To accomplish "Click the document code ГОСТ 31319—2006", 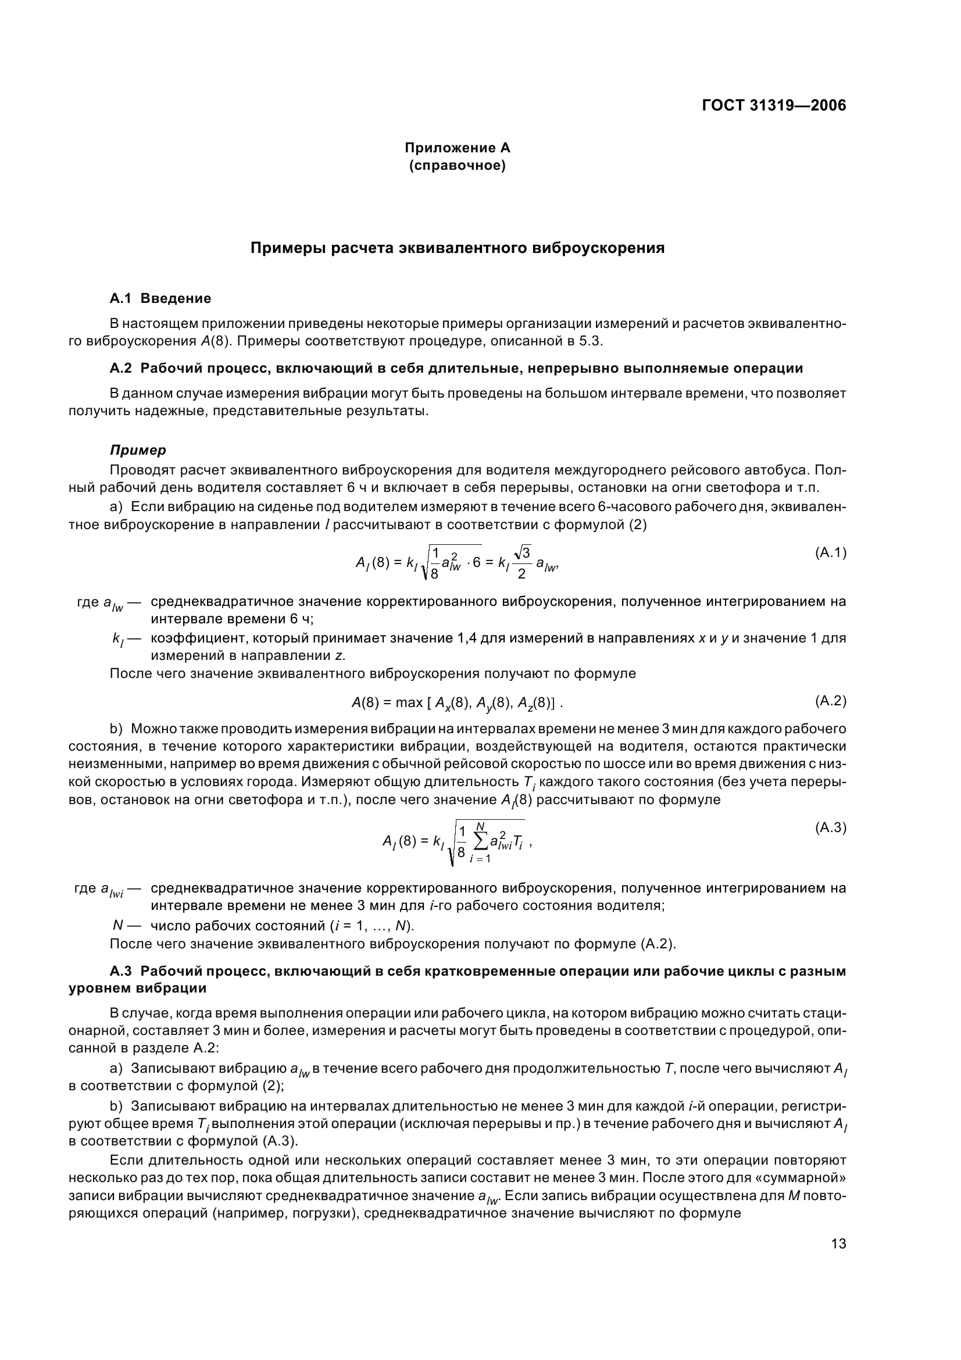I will tap(774, 105).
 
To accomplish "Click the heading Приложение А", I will tap(457, 148).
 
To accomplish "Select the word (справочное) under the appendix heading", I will tap(457, 166).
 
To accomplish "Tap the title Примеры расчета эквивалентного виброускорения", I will tap(457, 248).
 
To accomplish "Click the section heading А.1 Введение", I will tap(160, 298).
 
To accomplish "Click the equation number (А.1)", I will tap(831, 552).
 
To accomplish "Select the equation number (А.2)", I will tap(831, 701).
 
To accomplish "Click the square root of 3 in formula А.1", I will tap(523, 552).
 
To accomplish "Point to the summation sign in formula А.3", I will tap(481, 841).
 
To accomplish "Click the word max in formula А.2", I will tap(409, 702).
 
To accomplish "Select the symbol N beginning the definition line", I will tap(117, 925).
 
